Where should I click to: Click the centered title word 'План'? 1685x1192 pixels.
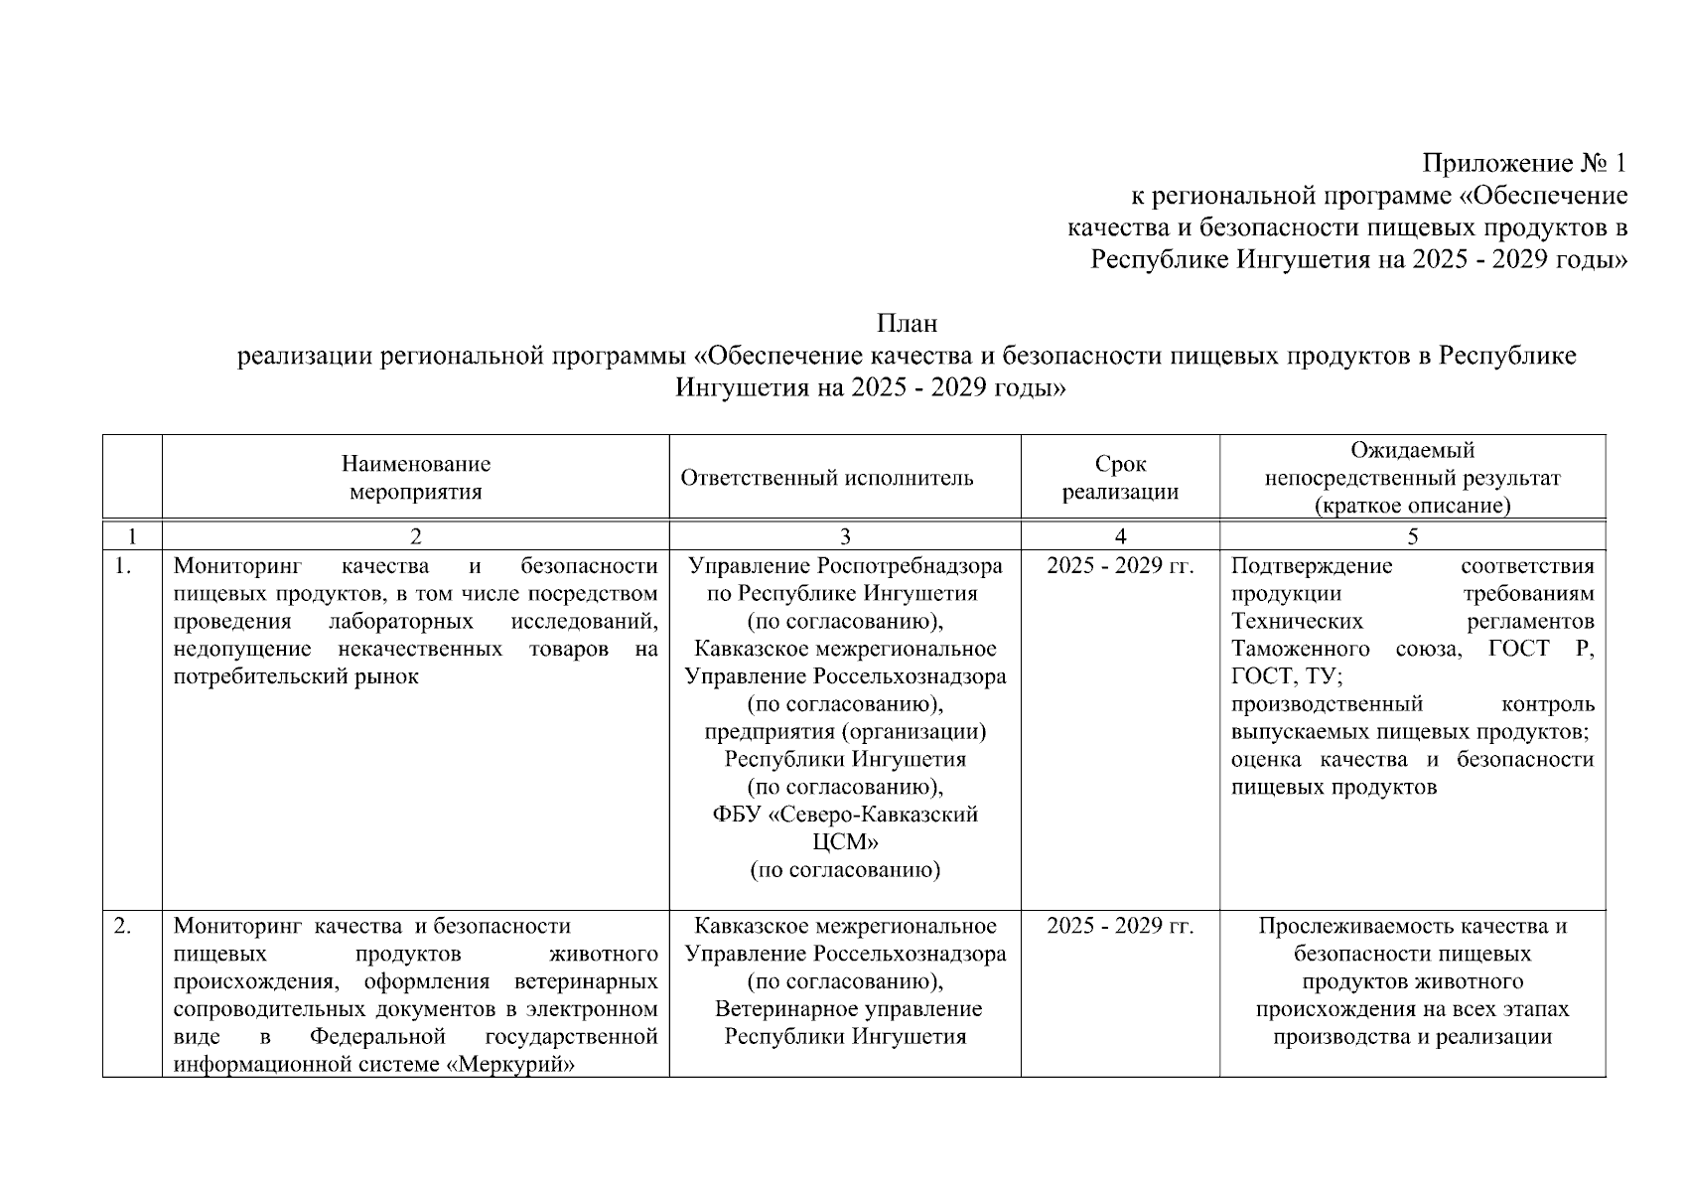click(907, 324)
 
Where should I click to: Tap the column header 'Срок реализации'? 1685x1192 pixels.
click(1120, 478)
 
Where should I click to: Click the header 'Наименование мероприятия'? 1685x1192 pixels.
click(415, 478)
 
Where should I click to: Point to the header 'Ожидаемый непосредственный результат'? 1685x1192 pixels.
click(1412, 478)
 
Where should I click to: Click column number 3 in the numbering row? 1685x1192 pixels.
click(845, 536)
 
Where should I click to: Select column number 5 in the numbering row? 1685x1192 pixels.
click(1412, 536)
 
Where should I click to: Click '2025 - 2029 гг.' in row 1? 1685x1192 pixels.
click(1120, 566)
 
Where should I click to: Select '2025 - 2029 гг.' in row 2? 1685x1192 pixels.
click(1120, 927)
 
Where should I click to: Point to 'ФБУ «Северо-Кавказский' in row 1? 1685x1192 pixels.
click(845, 816)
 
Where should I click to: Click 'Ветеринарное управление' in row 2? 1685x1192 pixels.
click(848, 1009)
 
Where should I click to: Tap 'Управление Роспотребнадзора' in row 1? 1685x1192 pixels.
click(845, 566)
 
